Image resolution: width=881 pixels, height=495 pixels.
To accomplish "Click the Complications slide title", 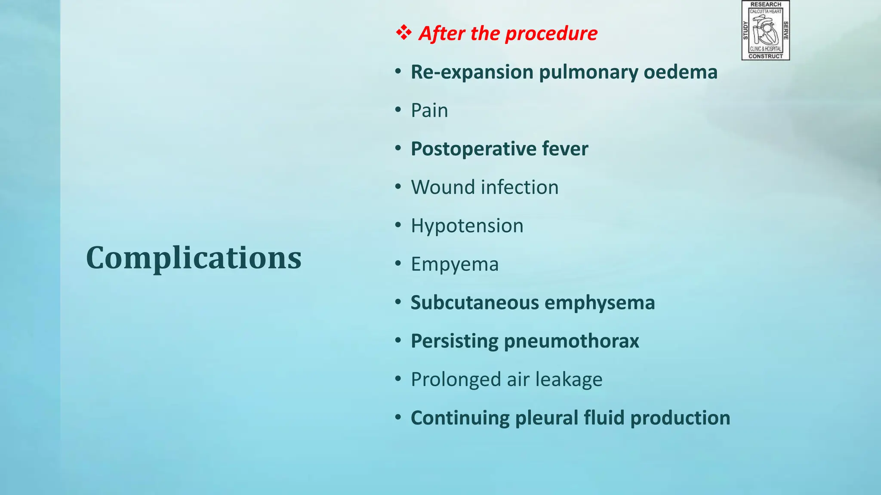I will coord(194,258).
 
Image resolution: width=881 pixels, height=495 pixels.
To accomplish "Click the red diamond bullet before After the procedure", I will coord(404,33).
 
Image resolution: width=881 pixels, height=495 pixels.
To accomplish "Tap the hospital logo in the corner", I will coord(766,31).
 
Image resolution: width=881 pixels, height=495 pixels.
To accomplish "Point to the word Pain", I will coord(429,110).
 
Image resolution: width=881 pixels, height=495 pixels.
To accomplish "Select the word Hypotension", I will coord(467,226).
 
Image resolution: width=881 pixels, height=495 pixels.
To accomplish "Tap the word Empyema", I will coord(455,264).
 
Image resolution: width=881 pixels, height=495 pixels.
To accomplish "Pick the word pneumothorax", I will coord(571,341).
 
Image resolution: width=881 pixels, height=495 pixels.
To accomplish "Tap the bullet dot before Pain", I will coord(398,110).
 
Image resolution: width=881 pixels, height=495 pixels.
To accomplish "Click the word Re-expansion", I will coord(472,72).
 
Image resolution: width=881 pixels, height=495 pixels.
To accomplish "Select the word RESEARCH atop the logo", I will coord(766,4).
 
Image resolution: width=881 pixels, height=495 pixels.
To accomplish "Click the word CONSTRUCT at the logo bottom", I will coord(766,56).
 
